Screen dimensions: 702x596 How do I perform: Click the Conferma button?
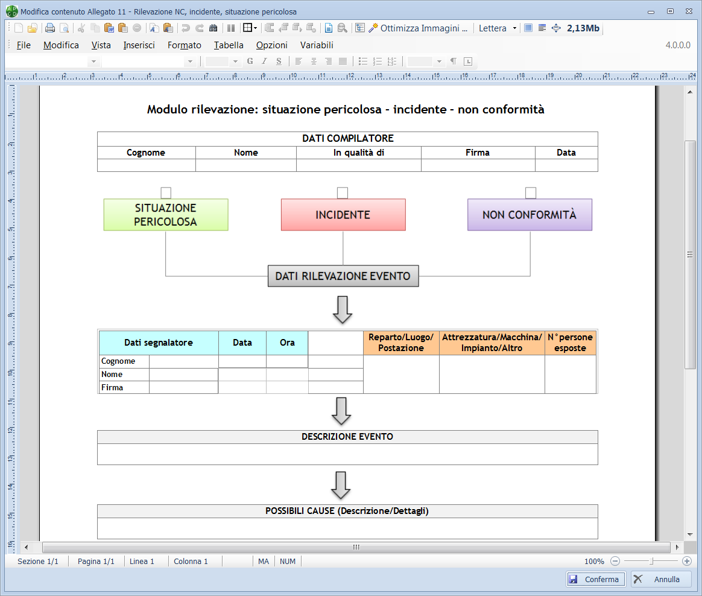pos(595,579)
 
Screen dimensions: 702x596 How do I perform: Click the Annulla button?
pos(661,579)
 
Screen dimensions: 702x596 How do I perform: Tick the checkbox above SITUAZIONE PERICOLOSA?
pos(166,192)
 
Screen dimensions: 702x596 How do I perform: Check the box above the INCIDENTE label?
pos(343,192)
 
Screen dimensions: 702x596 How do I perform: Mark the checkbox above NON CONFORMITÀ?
pos(531,192)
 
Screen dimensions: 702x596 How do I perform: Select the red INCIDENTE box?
pos(343,215)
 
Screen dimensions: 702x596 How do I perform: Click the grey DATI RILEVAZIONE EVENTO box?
pos(343,276)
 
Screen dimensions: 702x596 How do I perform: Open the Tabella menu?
pos(229,45)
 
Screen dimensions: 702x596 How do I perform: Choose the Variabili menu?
pos(317,45)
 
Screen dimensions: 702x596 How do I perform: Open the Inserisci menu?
pos(139,45)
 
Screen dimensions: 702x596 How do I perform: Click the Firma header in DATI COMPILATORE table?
pos(477,153)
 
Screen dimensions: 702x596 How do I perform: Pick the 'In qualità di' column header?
pos(359,153)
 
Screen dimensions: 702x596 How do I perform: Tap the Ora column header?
pos(287,343)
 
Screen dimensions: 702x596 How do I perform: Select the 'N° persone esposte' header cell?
pos(570,343)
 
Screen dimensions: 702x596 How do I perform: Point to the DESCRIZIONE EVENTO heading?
pos(347,437)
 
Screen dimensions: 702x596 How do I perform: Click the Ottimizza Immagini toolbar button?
pos(418,28)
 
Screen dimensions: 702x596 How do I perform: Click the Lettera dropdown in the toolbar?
pos(498,28)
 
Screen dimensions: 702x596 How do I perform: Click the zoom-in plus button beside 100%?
pos(687,561)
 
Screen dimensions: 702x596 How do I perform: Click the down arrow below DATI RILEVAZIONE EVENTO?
pos(343,309)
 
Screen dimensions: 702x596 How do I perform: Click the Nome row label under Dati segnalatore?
pos(112,375)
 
